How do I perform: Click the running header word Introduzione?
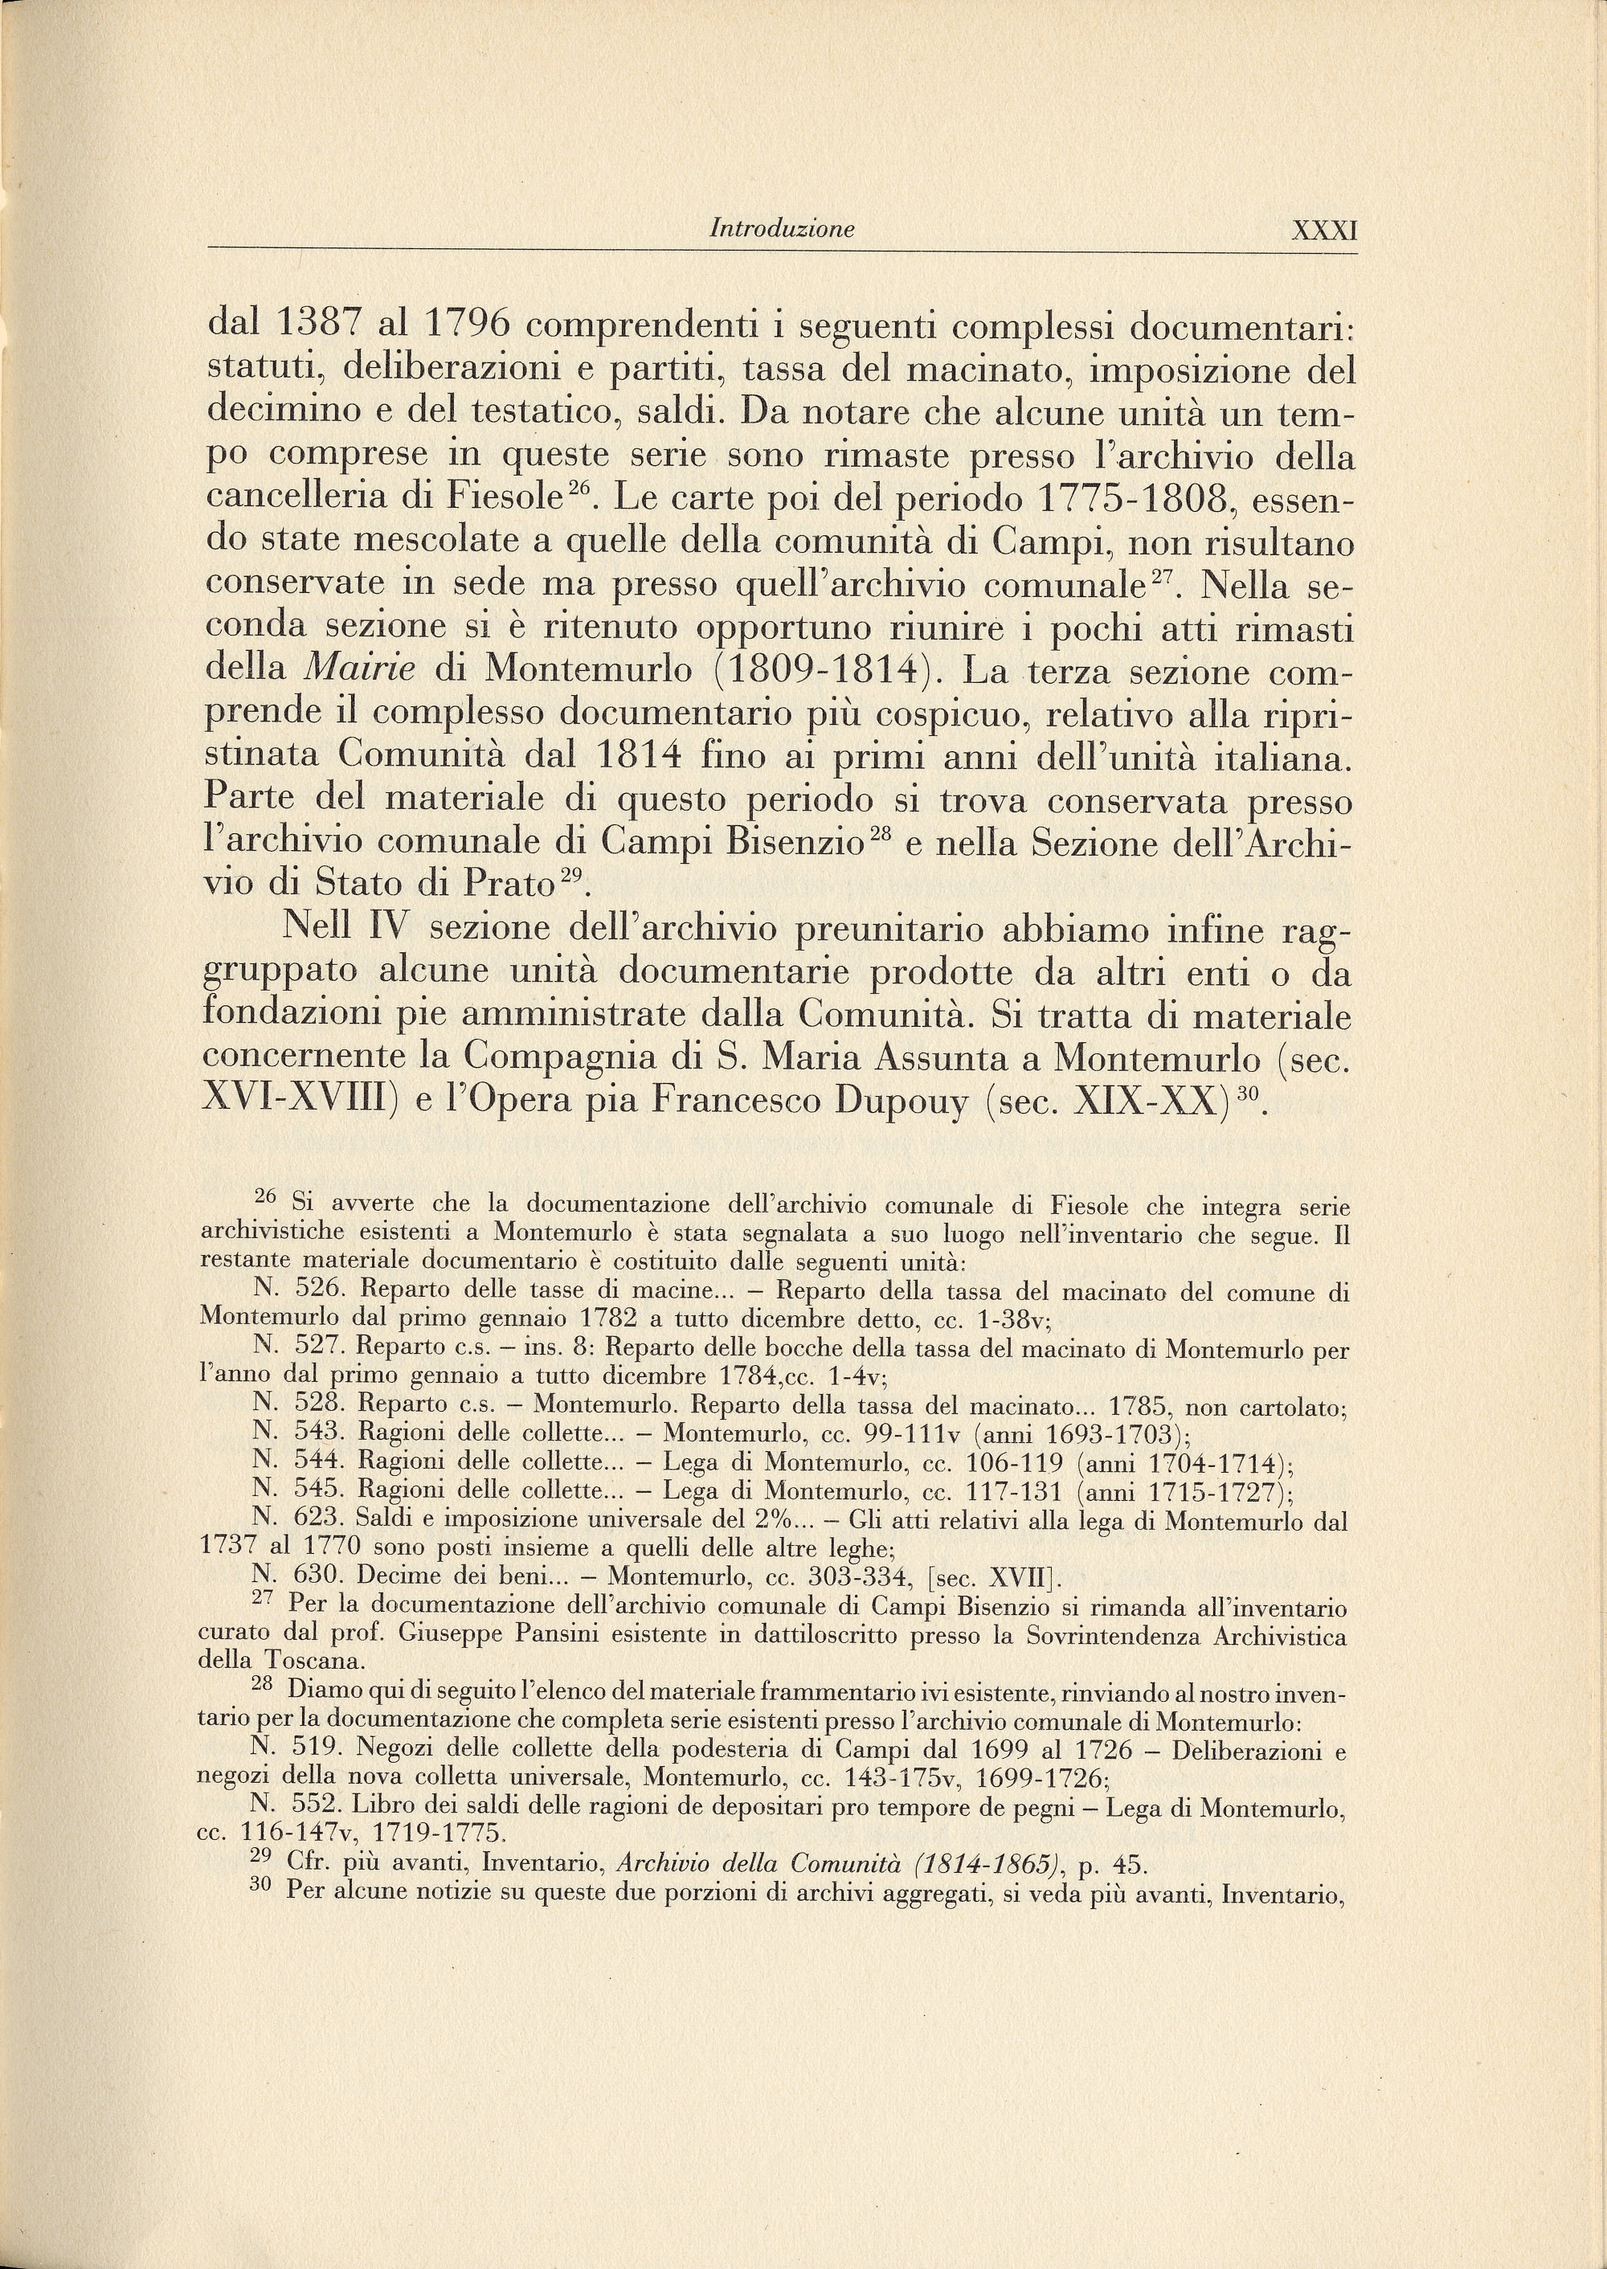783,230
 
